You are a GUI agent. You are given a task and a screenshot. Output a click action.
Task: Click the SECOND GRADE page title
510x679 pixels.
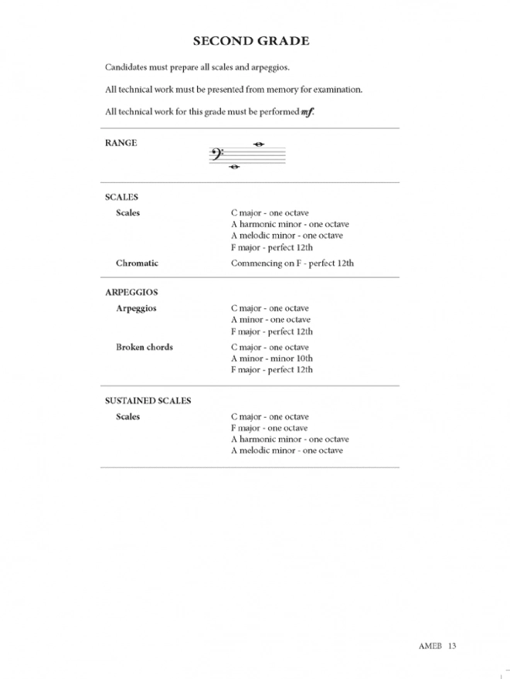(x=250, y=40)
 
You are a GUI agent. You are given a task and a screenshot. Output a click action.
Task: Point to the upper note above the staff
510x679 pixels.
(x=260, y=144)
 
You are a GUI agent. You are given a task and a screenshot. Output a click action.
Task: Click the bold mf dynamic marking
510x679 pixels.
(x=308, y=112)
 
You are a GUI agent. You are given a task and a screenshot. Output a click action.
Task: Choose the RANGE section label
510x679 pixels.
(x=121, y=143)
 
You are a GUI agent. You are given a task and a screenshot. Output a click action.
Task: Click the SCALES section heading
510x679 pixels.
(x=121, y=197)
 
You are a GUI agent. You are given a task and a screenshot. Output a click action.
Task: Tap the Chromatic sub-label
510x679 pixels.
(x=137, y=263)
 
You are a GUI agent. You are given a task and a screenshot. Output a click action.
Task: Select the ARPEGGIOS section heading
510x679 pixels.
(x=131, y=293)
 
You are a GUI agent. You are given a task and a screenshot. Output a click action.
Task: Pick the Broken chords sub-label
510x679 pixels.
(x=144, y=347)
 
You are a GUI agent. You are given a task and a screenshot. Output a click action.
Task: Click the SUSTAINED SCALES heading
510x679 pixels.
(x=148, y=401)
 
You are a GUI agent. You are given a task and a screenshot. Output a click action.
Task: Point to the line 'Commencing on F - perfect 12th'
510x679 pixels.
(x=292, y=263)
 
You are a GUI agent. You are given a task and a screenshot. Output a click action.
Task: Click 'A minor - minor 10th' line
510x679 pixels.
(x=271, y=358)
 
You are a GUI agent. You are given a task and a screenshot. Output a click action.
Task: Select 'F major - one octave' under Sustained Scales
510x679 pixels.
(x=269, y=428)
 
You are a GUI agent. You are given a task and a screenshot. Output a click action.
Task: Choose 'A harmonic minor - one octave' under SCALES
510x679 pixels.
(x=290, y=224)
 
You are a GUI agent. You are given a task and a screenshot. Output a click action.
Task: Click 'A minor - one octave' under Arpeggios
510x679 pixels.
(x=270, y=320)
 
